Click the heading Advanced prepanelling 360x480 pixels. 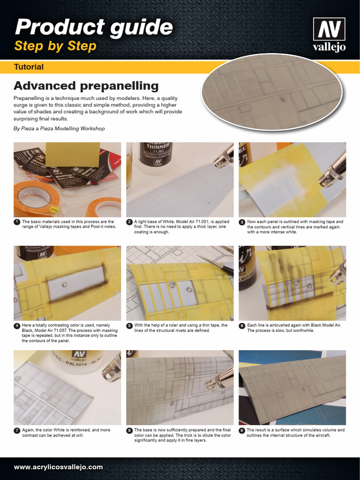pos(86,86)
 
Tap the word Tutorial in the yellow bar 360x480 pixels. pos(29,67)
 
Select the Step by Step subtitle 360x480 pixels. pos(55,46)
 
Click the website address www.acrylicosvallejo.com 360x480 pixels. pos(58,467)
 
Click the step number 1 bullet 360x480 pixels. pos(17,222)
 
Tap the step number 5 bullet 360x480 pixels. pos(129,325)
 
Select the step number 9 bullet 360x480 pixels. pos(242,430)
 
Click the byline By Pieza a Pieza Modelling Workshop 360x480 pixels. pos(59,128)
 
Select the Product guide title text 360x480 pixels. pos(94,27)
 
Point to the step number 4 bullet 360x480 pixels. pos(17,325)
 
